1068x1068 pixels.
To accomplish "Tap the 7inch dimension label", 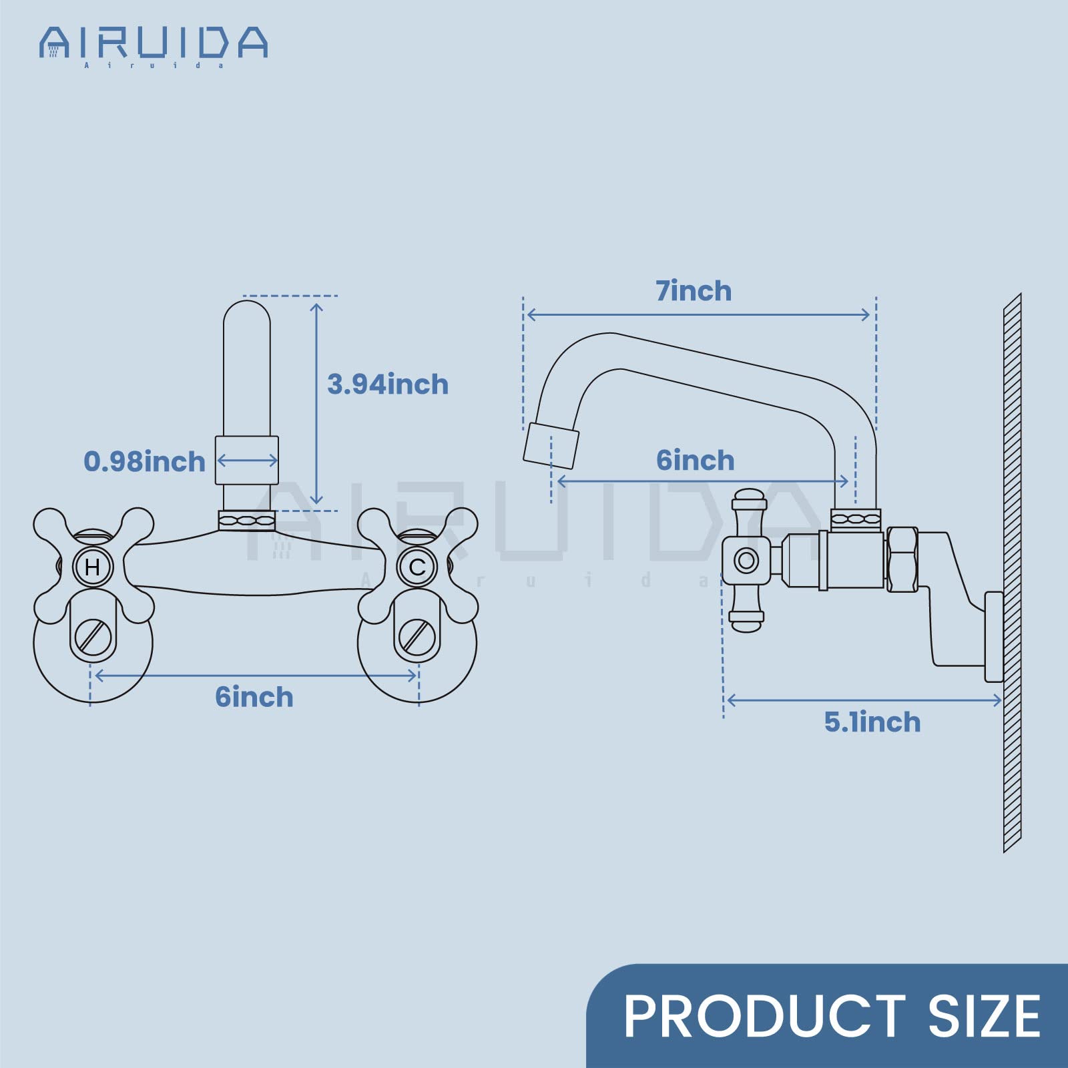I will pyautogui.click(x=694, y=291).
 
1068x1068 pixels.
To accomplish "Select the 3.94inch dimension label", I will pyautogui.click(x=388, y=384).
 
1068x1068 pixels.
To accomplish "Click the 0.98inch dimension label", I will pyautogui.click(x=144, y=462).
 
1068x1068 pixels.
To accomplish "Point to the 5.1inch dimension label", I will pyautogui.click(x=872, y=722).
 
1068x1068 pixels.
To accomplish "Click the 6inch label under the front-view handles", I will pyautogui.click(x=254, y=697).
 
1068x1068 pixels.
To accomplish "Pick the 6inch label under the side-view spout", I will pyautogui.click(x=695, y=461).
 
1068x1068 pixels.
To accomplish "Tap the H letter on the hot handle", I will pyautogui.click(x=93, y=567).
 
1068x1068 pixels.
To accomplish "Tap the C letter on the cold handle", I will pyautogui.click(x=417, y=567).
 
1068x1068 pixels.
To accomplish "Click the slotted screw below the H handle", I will pyautogui.click(x=93, y=637).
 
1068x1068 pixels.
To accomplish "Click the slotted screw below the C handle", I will pyautogui.click(x=417, y=637).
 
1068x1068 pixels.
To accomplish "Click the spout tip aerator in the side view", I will pyautogui.click(x=551, y=445).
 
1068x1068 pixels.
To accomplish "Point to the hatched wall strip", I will pyautogui.click(x=1012, y=574).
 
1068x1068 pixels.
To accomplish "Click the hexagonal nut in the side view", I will pyautogui.click(x=902, y=559).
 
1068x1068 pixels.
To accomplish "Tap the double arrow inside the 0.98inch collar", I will pyautogui.click(x=247, y=460).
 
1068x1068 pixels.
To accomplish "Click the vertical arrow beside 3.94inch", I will pyautogui.click(x=316, y=403).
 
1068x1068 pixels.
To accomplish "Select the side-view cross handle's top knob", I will pyautogui.click(x=748, y=499).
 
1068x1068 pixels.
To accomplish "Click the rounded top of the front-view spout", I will pyautogui.click(x=246, y=314).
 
